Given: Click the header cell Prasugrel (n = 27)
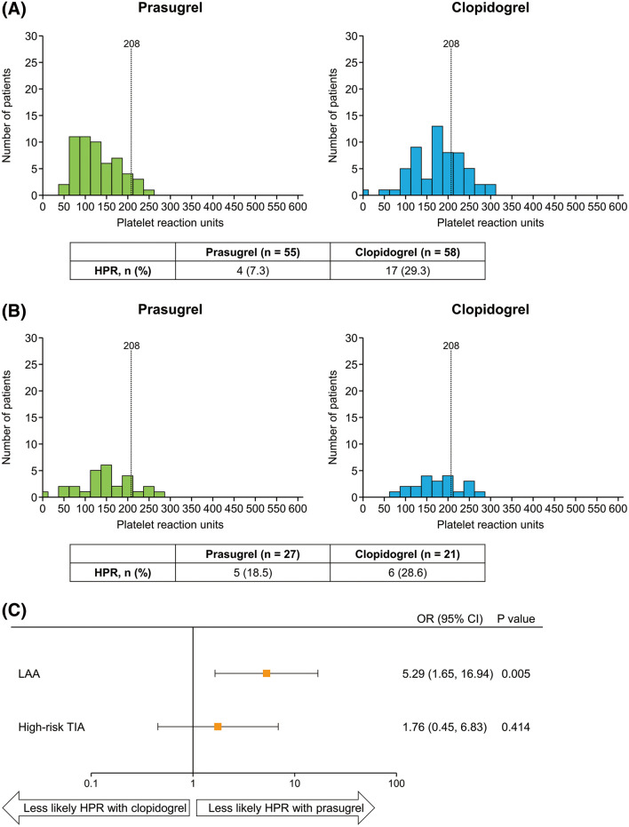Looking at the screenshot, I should click(x=253, y=551).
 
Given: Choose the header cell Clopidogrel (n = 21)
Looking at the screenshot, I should click(x=409, y=551).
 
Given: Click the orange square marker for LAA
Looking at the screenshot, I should click(x=266, y=673).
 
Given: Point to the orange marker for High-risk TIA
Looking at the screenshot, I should click(x=218, y=727).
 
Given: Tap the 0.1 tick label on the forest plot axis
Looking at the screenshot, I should click(x=91, y=784).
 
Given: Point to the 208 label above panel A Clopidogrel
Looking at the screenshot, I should click(x=450, y=44).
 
